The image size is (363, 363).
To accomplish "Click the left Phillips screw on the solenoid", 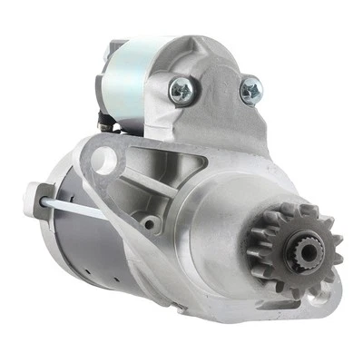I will pos(181,88).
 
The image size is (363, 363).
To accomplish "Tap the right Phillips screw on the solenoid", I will pos(250,90).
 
